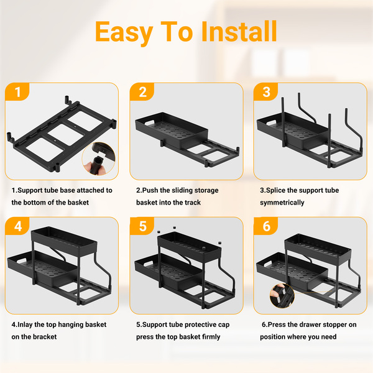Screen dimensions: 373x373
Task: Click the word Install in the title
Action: (x=239, y=32)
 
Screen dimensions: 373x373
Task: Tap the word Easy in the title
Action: (x=124, y=33)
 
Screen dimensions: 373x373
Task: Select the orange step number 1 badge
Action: (x=17, y=92)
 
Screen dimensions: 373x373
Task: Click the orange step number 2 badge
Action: (x=142, y=92)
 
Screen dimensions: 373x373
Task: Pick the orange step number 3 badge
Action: (x=266, y=92)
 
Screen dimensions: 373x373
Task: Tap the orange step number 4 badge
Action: (x=17, y=226)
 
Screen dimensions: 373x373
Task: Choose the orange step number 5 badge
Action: (x=142, y=226)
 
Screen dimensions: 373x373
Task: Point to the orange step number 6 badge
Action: (x=266, y=226)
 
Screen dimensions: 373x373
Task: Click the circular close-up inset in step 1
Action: (x=99, y=159)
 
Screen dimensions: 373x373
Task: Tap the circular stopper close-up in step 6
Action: (x=282, y=296)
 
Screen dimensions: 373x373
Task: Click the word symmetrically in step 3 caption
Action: (x=282, y=203)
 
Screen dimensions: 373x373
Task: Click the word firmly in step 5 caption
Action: (x=211, y=337)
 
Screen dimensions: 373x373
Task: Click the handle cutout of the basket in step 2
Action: (x=150, y=122)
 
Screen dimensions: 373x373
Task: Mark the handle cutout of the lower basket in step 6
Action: (x=270, y=264)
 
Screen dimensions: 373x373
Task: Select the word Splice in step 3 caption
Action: (x=275, y=191)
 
